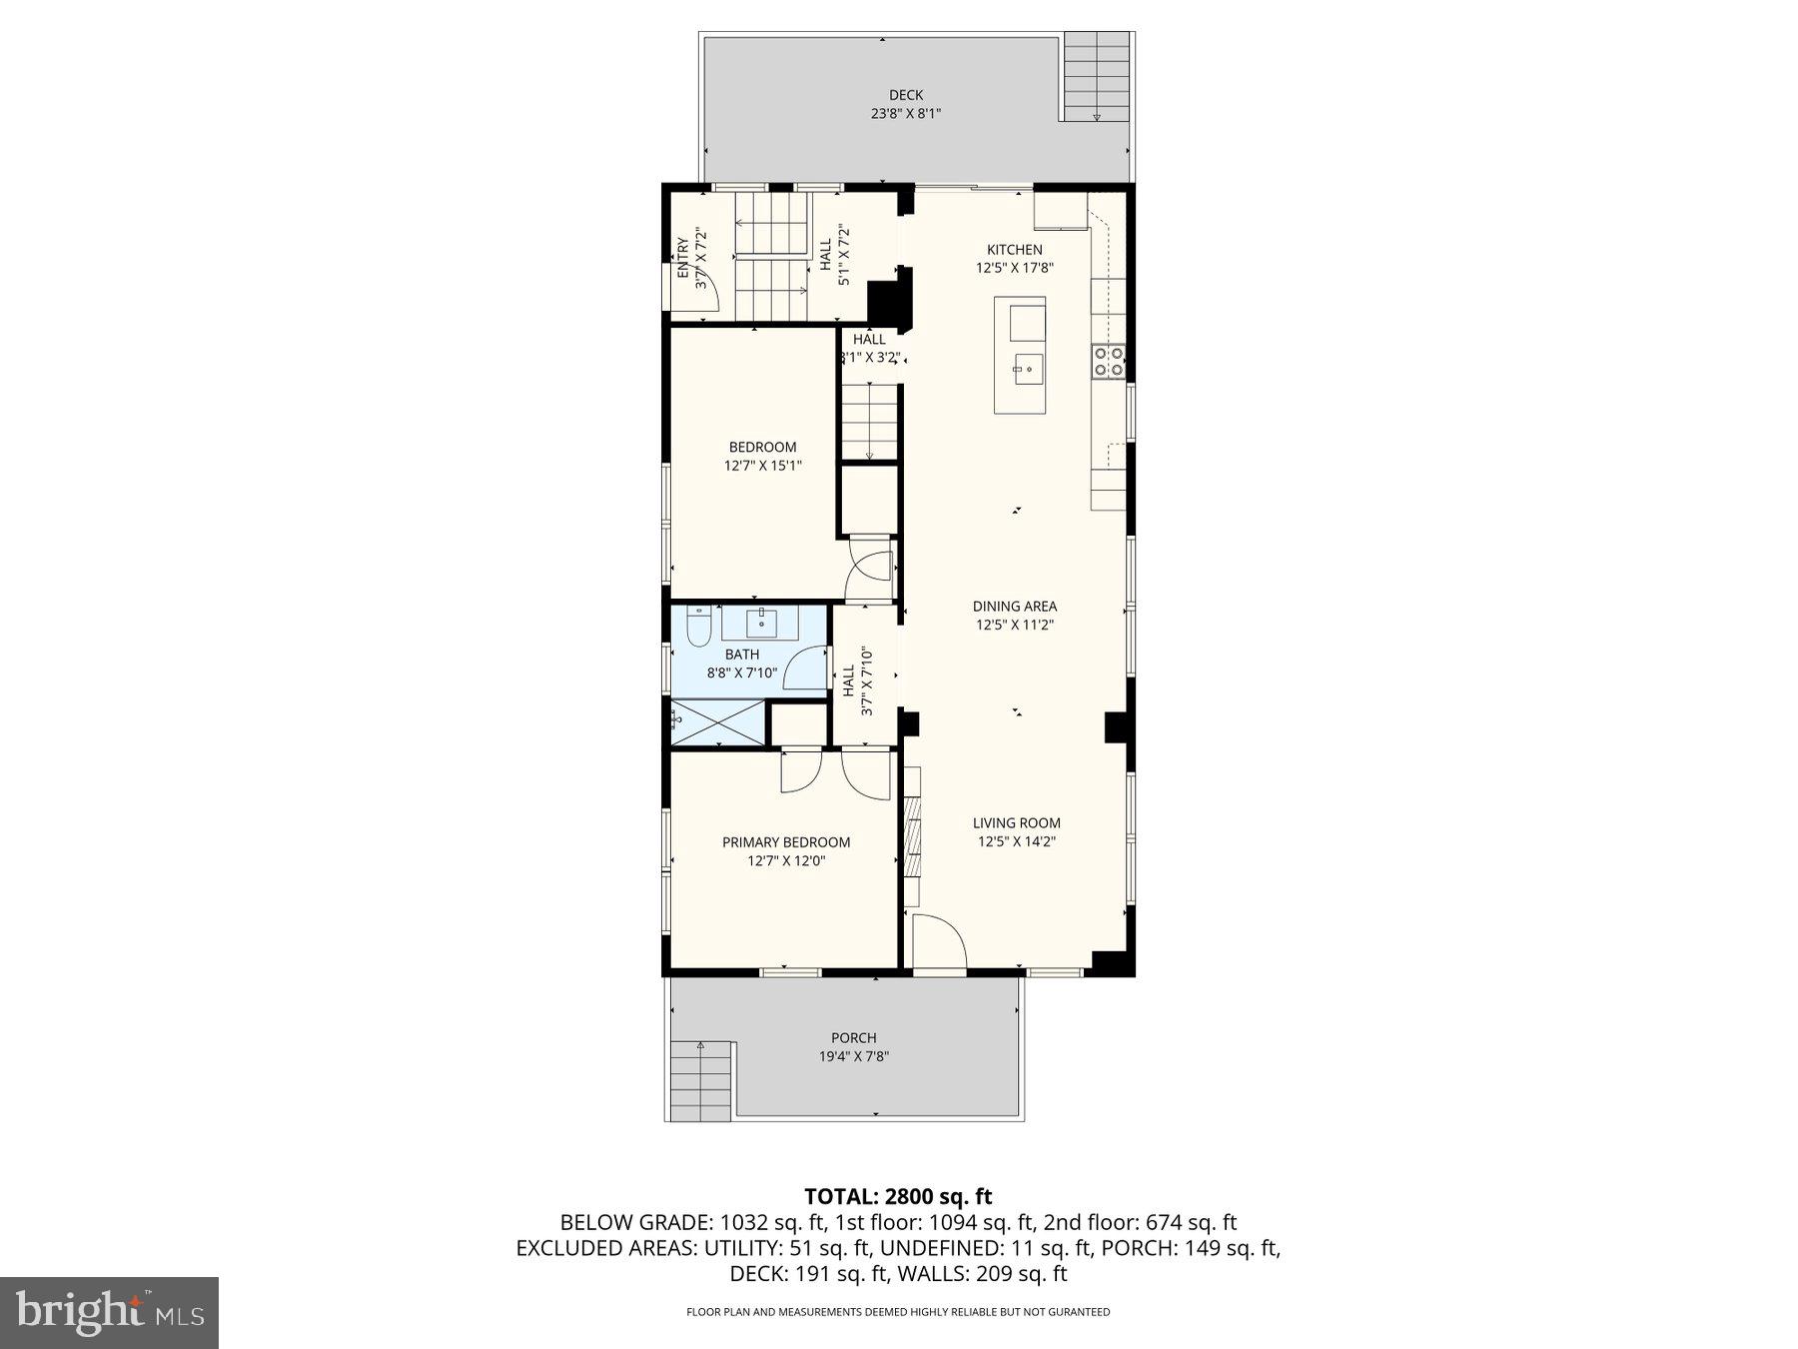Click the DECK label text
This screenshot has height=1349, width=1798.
(905, 96)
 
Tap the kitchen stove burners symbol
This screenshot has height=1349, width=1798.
(1107, 361)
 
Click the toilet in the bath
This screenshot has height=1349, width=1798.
(699, 627)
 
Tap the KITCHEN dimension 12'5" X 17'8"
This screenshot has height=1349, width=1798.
(1015, 268)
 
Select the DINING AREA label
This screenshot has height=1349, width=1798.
(1015, 607)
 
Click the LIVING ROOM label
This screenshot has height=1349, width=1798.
(1017, 823)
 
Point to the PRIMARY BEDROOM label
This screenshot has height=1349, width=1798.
(786, 842)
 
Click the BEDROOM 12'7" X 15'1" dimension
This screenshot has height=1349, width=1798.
(763, 466)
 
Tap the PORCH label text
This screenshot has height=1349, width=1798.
(853, 1038)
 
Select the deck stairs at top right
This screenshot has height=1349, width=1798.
(1096, 76)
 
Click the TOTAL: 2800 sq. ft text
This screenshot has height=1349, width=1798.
(898, 1196)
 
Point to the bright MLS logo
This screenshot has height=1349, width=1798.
(109, 1312)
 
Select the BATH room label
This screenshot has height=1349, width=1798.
(742, 655)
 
